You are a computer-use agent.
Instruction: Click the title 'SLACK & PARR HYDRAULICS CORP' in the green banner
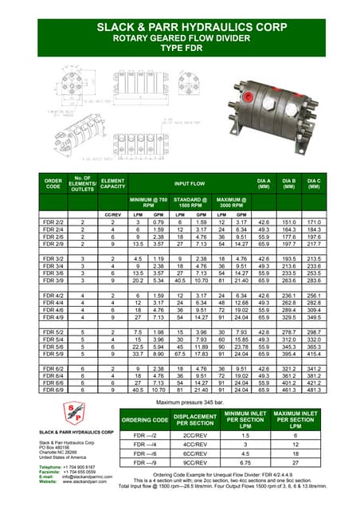point(179,26)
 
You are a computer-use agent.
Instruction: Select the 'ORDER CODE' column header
point(53,186)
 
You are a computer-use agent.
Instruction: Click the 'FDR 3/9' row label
point(53,280)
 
